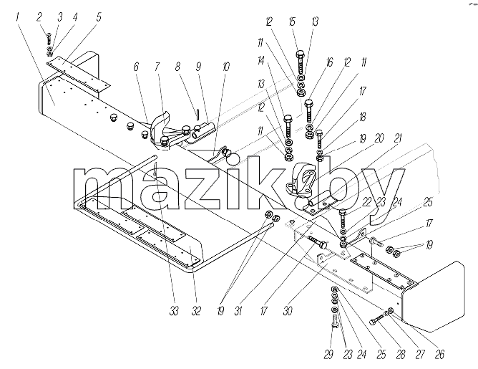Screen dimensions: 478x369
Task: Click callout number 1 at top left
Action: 17,16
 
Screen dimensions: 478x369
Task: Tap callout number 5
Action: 99,16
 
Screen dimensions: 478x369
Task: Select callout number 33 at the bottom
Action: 174,311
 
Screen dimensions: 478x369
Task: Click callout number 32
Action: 196,311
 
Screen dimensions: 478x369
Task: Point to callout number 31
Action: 238,311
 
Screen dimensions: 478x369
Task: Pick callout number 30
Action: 288,311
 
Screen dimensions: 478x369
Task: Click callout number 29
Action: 328,355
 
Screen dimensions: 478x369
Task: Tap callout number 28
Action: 401,355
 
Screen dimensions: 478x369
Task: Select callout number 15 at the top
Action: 292,21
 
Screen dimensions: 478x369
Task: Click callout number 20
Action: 379,139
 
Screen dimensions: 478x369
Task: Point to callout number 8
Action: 177,67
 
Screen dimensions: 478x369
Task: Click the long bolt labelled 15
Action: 300,63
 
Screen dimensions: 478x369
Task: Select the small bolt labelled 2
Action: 49,39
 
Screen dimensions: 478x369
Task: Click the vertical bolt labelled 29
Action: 334,325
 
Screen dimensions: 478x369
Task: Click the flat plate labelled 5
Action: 78,75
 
